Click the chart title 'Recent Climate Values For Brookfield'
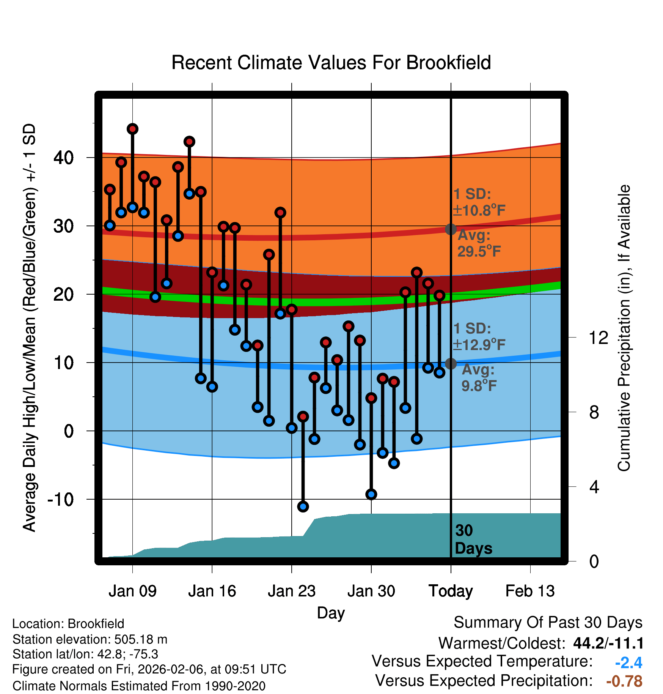331,63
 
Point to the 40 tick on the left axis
64,157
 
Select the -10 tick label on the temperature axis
61,499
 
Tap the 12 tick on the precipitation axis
599,338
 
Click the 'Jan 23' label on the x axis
291,591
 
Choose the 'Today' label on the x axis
451,591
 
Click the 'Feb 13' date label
530,591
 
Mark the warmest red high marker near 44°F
132,129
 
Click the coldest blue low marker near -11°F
303,506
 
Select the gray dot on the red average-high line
451,229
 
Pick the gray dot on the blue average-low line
451,364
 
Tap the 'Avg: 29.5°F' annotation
479,243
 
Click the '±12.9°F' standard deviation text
479,345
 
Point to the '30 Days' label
473,539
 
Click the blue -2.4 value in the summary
628,663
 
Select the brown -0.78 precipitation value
624,681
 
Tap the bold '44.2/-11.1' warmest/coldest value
608,643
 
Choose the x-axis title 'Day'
331,612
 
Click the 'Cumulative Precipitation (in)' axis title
624,328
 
